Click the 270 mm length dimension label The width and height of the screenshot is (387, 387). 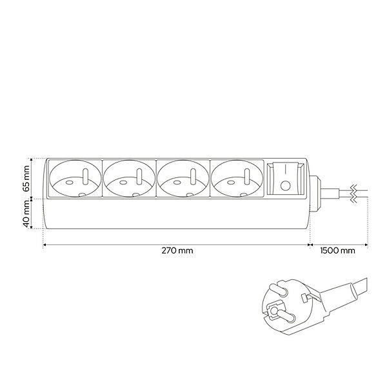(177, 250)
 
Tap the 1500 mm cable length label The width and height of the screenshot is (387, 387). (337, 250)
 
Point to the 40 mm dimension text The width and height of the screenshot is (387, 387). (26, 214)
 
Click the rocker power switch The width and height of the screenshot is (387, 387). (286, 179)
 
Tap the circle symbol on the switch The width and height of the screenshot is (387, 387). (286, 186)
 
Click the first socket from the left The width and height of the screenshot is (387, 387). (75, 179)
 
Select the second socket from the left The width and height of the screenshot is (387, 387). (129, 179)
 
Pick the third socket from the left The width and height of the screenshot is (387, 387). (183, 179)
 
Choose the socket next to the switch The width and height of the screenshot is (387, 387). (237, 179)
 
